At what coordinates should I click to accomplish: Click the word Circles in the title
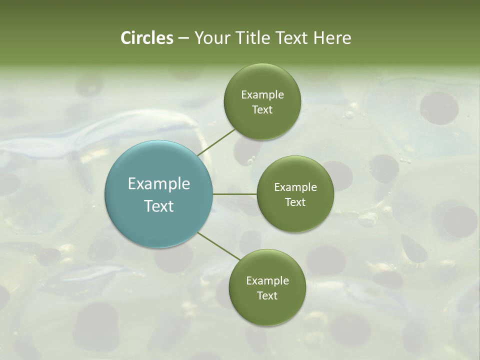click(x=146, y=38)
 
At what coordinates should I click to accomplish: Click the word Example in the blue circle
click(x=159, y=184)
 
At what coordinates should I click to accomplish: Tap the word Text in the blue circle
click(x=159, y=206)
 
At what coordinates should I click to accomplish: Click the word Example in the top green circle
click(x=262, y=95)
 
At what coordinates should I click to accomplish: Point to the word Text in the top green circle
click(x=262, y=110)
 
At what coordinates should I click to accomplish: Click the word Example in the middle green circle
click(x=295, y=187)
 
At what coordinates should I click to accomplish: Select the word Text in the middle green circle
click(x=295, y=202)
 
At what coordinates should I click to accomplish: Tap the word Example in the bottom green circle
click(x=267, y=280)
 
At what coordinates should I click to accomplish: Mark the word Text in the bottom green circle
click(x=267, y=295)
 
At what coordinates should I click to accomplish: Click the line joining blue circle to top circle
click(x=216, y=142)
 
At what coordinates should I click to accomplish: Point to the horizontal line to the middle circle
click(x=235, y=194)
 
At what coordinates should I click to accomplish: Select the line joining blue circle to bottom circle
click(x=218, y=246)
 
